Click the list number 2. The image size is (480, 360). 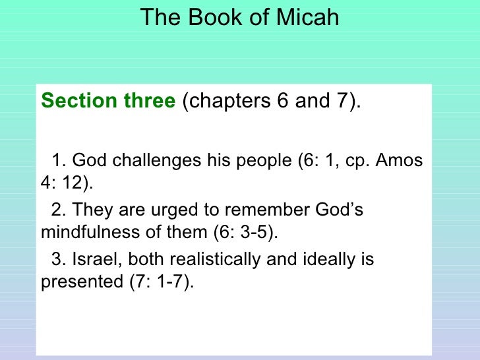[x=57, y=210]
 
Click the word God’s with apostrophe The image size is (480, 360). [x=338, y=210]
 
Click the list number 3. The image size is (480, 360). [x=57, y=259]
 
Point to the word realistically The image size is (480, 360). [x=202, y=259]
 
